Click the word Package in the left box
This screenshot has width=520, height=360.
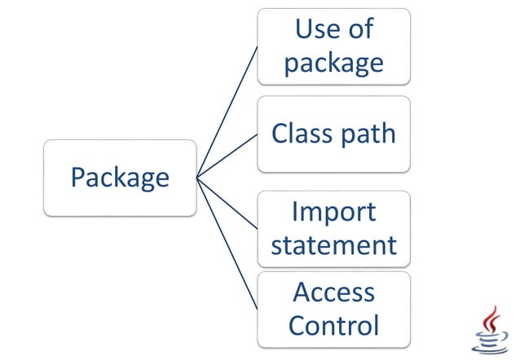tap(120, 178)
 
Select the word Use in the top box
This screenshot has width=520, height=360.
tap(313, 29)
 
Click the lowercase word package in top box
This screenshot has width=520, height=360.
tap(334, 64)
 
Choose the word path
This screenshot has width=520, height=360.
tap(368, 134)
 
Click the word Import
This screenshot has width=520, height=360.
tap(333, 213)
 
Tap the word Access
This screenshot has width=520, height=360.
tap(333, 292)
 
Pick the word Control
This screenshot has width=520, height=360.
tap(333, 325)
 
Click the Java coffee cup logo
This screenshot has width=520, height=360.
tap(490, 330)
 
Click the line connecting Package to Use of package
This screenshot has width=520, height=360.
tap(227, 112)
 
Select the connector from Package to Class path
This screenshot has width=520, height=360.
tap(227, 156)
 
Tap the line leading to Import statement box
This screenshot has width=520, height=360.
tap(227, 203)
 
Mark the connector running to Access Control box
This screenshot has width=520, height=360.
tap(227, 244)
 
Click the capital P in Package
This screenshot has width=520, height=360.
tap(77, 178)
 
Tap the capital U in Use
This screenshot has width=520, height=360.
tap(304, 29)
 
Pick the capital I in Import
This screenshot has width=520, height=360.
tap(295, 211)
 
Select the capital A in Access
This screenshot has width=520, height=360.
tap(302, 292)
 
